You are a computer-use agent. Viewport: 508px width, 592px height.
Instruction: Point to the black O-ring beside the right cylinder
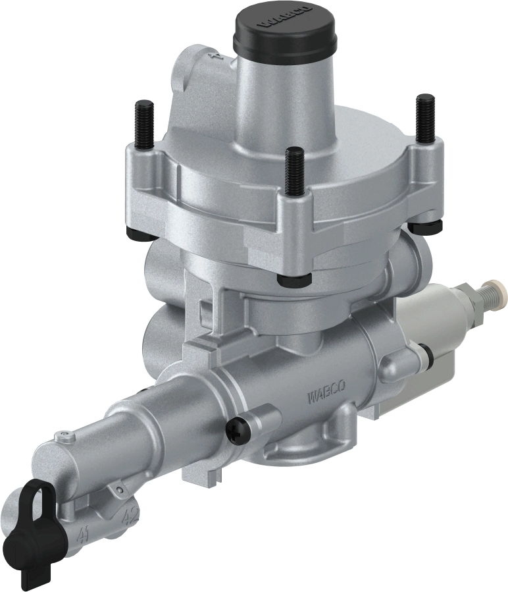pos(429,356)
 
